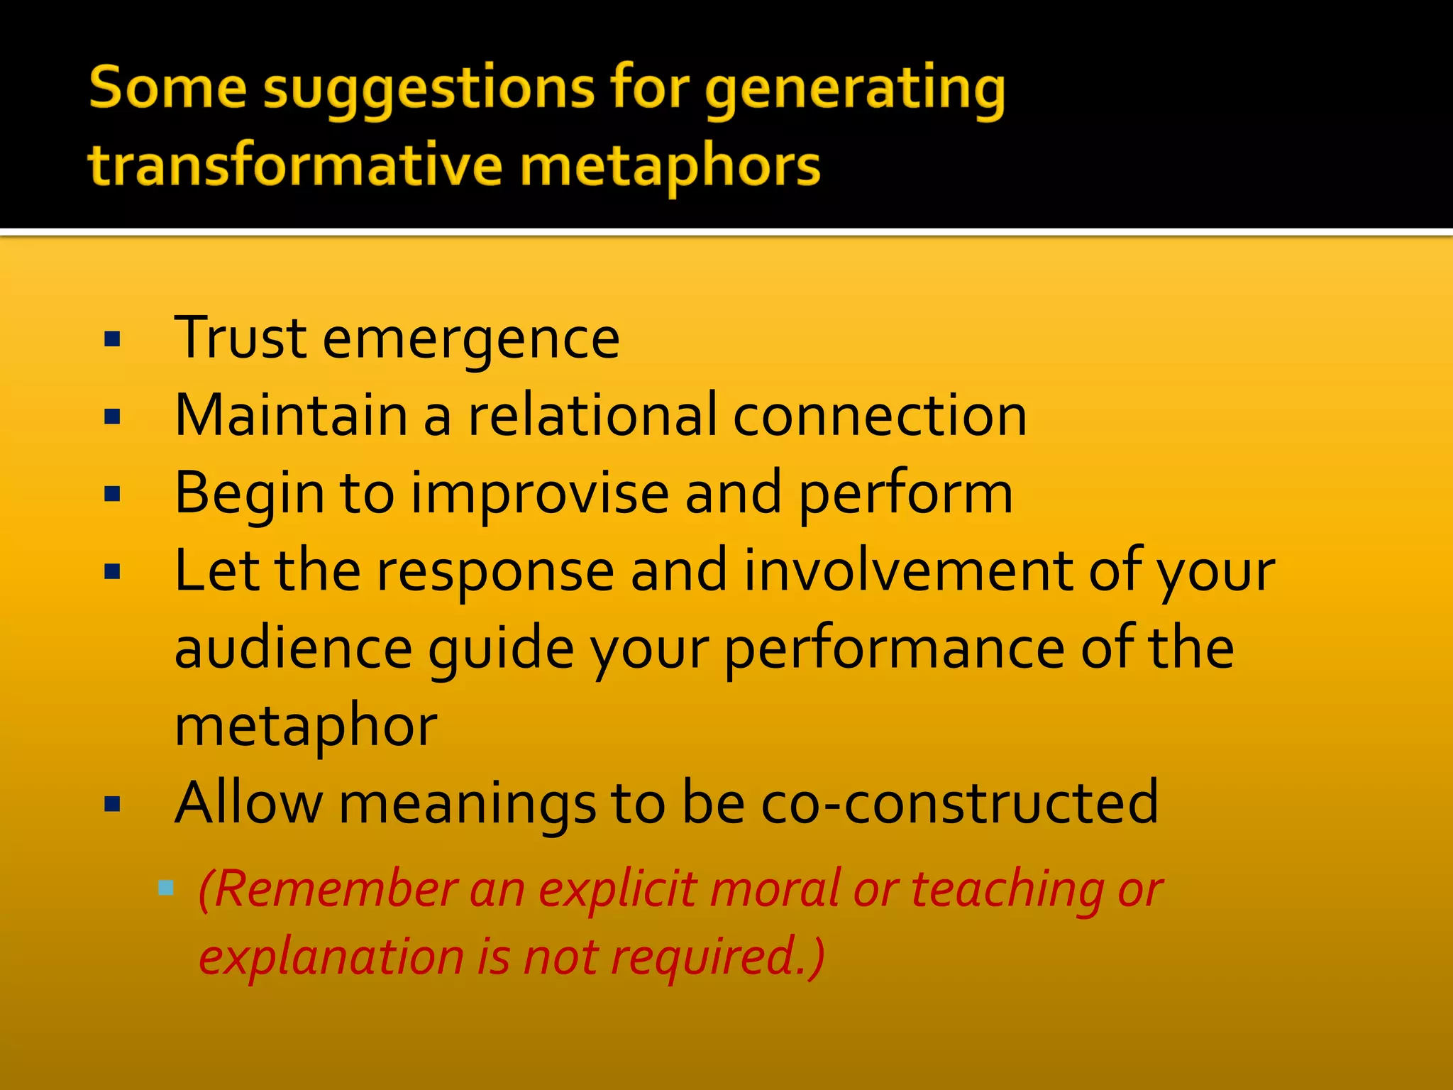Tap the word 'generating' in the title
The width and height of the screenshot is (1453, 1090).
coord(854,91)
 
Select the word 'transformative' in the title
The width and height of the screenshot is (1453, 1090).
coord(294,165)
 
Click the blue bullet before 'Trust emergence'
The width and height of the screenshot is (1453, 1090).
coord(112,340)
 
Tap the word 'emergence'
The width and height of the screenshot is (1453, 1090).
coord(471,339)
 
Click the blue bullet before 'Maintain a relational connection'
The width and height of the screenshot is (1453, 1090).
coord(112,417)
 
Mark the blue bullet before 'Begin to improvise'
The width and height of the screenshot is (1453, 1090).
coord(112,494)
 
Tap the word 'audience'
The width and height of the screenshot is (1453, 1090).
coord(293,649)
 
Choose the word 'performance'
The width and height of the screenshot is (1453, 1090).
coord(895,649)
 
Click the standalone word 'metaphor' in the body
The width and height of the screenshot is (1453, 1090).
coord(306,727)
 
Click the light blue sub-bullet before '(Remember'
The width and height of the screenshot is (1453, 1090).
coord(166,887)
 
